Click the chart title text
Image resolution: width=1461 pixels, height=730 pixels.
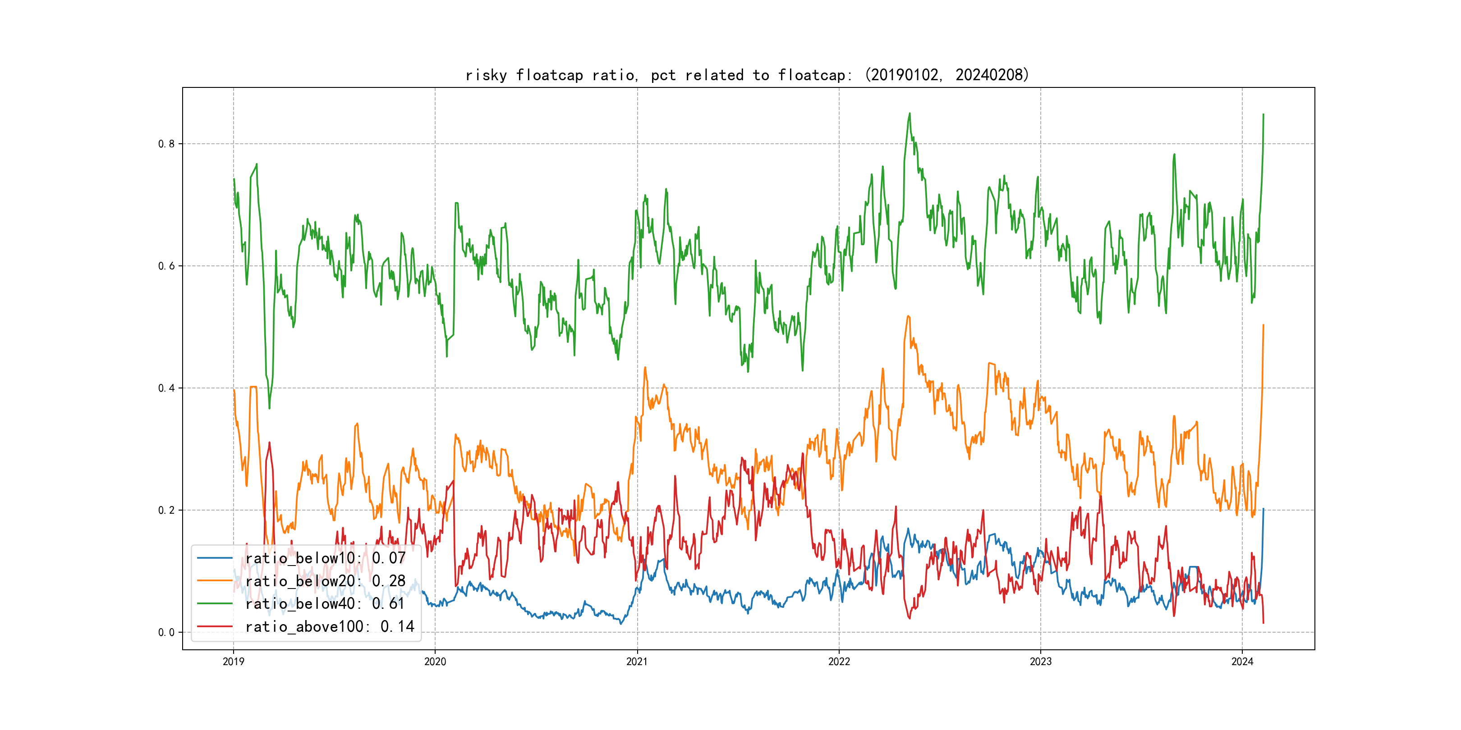[747, 75]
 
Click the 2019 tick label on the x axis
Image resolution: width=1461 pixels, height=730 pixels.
[233, 662]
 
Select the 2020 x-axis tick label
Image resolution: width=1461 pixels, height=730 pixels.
[435, 662]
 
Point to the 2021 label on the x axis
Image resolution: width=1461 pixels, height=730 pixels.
[637, 662]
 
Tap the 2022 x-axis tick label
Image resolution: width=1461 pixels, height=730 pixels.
[839, 662]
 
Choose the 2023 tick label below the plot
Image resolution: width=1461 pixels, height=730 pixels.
[1040, 662]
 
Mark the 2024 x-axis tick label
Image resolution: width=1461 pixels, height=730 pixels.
[1242, 662]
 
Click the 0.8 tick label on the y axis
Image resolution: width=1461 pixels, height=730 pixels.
[166, 144]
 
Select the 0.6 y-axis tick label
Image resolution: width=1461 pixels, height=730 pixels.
[166, 266]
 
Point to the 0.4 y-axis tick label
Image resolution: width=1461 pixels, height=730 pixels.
[166, 388]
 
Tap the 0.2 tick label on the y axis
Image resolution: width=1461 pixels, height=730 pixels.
[166, 510]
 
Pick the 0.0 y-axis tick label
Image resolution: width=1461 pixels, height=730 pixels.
[166, 633]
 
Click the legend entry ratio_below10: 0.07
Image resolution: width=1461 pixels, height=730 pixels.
[325, 558]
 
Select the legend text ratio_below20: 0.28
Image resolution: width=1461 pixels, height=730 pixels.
[325, 581]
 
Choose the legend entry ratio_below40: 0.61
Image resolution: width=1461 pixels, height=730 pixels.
[325, 604]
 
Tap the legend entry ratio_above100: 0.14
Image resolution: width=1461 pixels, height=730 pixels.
[330, 626]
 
